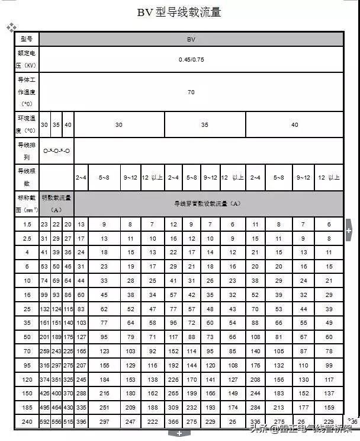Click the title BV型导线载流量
179,12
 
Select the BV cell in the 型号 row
191,39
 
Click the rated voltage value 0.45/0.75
191,60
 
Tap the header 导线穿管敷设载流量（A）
207,203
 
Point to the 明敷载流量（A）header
56,203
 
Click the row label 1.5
27,224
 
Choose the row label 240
27,421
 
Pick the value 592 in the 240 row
44,421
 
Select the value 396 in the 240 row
81,421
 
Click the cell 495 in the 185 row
44,408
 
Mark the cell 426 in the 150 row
44,394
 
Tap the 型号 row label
27,39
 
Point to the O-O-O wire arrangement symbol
56,151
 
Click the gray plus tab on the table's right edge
349,229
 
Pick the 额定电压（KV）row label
27,59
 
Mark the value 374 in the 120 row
44,379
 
